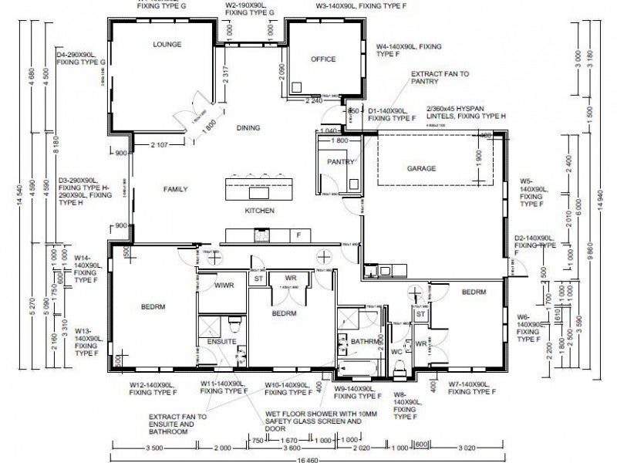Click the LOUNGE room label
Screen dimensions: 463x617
167,45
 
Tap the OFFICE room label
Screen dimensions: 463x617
322,59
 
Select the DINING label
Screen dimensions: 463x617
248,128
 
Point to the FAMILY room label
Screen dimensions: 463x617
176,189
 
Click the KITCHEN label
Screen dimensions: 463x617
259,211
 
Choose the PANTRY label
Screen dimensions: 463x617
340,162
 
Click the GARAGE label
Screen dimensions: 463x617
422,168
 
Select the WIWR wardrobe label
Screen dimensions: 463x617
224,286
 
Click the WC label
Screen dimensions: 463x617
397,351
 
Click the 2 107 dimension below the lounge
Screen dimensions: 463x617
160,144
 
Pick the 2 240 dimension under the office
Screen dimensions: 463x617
313,101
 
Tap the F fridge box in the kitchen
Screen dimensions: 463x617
298,234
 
